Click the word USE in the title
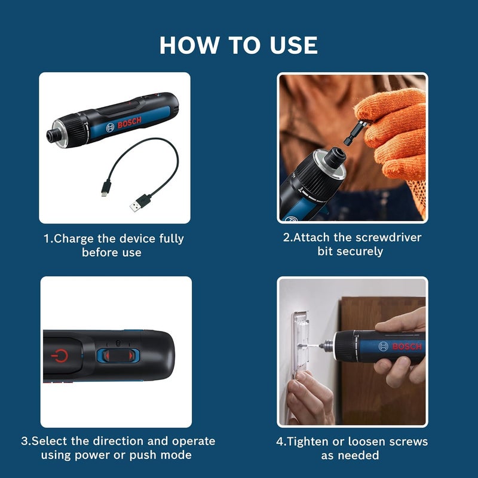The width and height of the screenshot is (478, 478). click(289, 45)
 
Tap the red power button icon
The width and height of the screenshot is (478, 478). click(60, 357)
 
